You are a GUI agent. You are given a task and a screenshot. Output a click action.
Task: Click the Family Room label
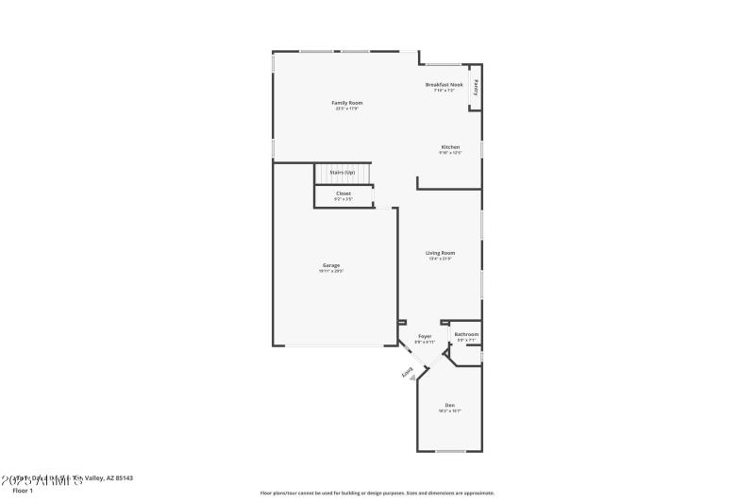tap(346, 102)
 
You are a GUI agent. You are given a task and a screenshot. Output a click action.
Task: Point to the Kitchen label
tap(450, 147)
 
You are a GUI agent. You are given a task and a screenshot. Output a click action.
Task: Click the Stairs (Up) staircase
tap(343, 174)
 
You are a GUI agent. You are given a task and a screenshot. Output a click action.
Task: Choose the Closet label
tap(343, 193)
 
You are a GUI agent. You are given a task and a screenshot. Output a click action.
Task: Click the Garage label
tap(330, 265)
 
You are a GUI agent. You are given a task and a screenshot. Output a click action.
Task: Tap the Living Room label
tap(440, 253)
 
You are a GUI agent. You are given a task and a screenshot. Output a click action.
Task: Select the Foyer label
tap(425, 335)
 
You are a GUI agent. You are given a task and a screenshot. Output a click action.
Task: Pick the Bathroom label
tap(466, 334)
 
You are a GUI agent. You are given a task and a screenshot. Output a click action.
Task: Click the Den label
tap(449, 405)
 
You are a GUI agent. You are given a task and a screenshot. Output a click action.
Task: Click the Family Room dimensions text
tap(346, 109)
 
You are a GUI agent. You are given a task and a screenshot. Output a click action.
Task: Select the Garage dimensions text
tap(330, 272)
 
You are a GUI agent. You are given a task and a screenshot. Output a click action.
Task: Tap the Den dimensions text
tap(449, 411)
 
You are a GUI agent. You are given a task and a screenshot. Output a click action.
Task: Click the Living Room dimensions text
tap(440, 260)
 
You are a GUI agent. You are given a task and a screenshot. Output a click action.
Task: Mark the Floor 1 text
tap(22, 491)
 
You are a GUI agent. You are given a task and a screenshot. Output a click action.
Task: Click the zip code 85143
tap(122, 478)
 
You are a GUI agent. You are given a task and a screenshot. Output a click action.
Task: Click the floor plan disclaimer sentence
tap(377, 493)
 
